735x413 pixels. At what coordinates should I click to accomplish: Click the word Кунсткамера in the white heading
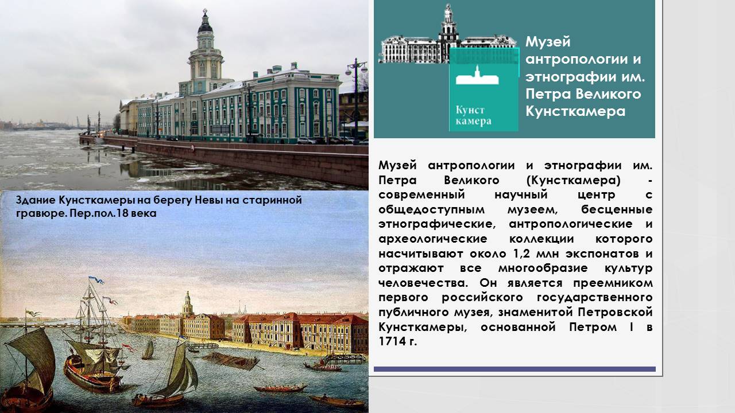coord(575,111)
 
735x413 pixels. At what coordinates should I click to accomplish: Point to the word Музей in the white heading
coord(548,42)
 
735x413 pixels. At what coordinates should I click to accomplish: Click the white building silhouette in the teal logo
coord(477,76)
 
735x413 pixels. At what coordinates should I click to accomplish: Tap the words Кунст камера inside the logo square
coord(473,116)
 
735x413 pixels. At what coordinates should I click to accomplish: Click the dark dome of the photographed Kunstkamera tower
coord(205,26)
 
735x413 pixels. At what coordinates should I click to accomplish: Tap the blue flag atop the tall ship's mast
coord(96,279)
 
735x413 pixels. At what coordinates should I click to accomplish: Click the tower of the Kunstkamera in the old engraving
coord(187,304)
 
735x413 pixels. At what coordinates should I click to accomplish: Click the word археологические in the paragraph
coord(433,239)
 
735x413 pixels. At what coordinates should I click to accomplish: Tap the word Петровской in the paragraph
coord(615,312)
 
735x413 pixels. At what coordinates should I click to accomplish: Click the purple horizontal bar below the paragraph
coord(514,369)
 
